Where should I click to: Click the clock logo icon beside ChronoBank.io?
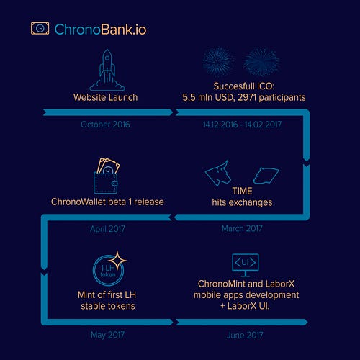point(40,28)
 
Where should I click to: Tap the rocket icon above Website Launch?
point(107,70)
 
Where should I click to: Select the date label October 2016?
point(105,125)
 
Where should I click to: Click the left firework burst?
point(218,62)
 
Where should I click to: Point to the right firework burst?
point(261,62)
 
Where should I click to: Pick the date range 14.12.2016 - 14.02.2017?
point(242,125)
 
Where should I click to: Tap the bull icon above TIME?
point(217,174)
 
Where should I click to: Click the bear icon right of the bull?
point(266,176)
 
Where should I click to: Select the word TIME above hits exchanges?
point(242,191)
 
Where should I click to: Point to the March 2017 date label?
point(242,228)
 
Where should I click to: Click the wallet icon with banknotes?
point(107,176)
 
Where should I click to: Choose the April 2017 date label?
point(107,229)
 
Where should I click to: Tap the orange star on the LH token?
point(117,261)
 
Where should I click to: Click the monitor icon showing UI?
point(246,265)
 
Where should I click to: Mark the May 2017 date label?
point(107,335)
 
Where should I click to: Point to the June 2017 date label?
point(245,335)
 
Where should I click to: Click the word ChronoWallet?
point(78,202)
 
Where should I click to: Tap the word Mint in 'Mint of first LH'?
point(86,294)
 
